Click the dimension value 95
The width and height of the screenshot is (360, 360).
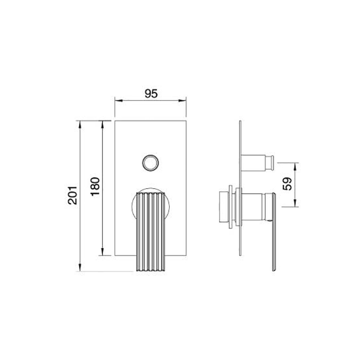151,94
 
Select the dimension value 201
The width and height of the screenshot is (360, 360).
73,195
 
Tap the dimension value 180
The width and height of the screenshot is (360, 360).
95,186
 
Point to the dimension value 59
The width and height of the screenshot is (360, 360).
287,184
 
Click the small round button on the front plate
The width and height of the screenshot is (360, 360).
150,163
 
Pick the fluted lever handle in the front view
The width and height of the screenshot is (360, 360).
151,232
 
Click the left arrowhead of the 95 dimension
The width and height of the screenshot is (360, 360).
118,100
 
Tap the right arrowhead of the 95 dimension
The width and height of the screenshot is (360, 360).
182,100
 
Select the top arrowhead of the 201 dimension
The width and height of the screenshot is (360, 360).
80,124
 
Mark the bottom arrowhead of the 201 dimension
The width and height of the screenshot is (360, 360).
80,267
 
